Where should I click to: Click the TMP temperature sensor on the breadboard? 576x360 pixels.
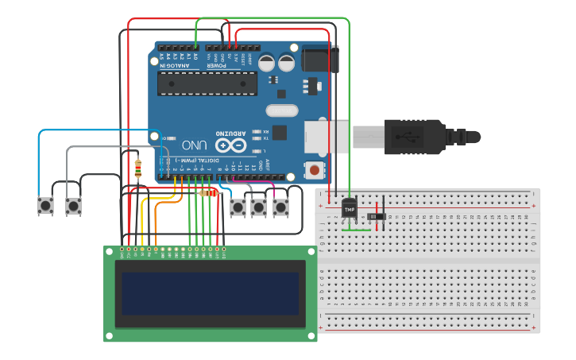pyautogui.click(x=350, y=208)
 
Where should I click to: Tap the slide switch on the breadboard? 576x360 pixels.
pyautogui.click(x=379, y=216)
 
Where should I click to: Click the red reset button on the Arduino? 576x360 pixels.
pyautogui.click(x=315, y=169)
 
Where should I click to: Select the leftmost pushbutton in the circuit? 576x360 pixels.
pyautogui.click(x=46, y=207)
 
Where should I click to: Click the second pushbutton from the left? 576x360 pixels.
pyautogui.click(x=73, y=207)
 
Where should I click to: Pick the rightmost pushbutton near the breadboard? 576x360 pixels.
pyautogui.click(x=280, y=207)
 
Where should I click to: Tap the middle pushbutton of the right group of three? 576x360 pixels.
pyautogui.click(x=259, y=207)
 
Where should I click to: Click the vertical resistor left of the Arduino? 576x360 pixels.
pyautogui.click(x=138, y=168)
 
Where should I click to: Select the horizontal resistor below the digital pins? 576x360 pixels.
pyautogui.click(x=209, y=192)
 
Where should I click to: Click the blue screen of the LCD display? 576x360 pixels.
pyautogui.click(x=210, y=293)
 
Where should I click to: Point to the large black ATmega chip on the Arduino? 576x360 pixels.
pyautogui.click(x=207, y=83)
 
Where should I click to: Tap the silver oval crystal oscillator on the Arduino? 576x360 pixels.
pyautogui.click(x=281, y=110)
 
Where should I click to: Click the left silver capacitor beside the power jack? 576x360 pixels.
pyautogui.click(x=265, y=62)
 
